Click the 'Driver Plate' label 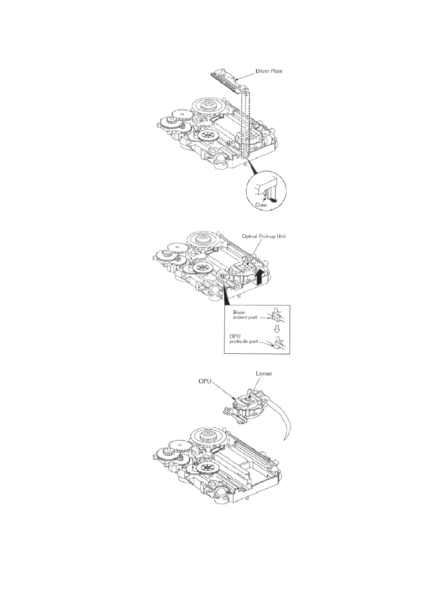tap(269, 71)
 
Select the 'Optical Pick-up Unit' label tap(264, 236)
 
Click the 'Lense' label tap(264, 373)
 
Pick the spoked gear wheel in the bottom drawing tap(205, 468)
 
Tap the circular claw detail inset tap(266, 193)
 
